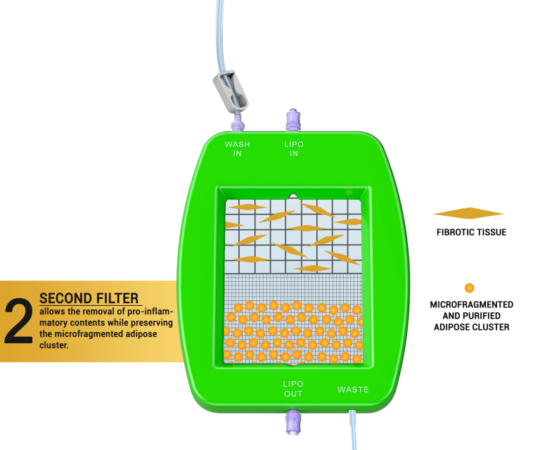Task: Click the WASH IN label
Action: tap(237, 149)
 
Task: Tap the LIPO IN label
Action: tap(294, 149)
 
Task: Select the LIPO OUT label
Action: tap(293, 389)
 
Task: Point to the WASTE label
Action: tap(353, 390)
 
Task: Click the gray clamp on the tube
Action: tap(230, 91)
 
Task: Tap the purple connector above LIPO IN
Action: tap(293, 120)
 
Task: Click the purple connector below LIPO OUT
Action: tap(292, 422)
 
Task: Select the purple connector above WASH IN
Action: tap(237, 122)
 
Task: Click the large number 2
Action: tap(18, 321)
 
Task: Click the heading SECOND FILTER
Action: tap(89, 298)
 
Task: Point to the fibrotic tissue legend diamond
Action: tap(468, 213)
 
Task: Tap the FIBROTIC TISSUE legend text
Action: tap(471, 233)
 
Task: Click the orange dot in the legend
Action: tap(470, 288)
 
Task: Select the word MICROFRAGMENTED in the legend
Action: tap(472, 304)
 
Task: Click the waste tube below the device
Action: tap(354, 430)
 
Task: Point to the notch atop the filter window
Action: tap(293, 197)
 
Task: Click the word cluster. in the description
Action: tap(53, 345)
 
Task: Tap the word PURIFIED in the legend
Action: tap(484, 316)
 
